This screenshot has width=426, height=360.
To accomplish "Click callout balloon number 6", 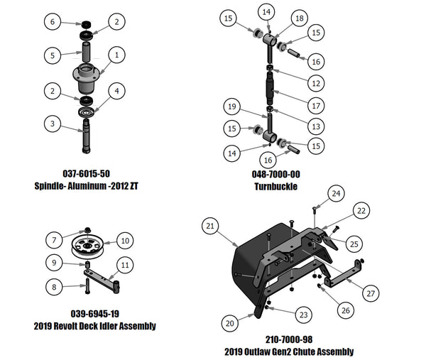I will tap(51, 22).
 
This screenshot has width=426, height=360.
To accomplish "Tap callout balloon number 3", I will tap(51, 124).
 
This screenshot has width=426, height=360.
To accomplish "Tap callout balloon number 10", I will tap(124, 241).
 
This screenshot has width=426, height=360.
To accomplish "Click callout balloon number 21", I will tap(210, 226).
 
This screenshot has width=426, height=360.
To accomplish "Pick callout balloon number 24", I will tap(337, 192).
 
